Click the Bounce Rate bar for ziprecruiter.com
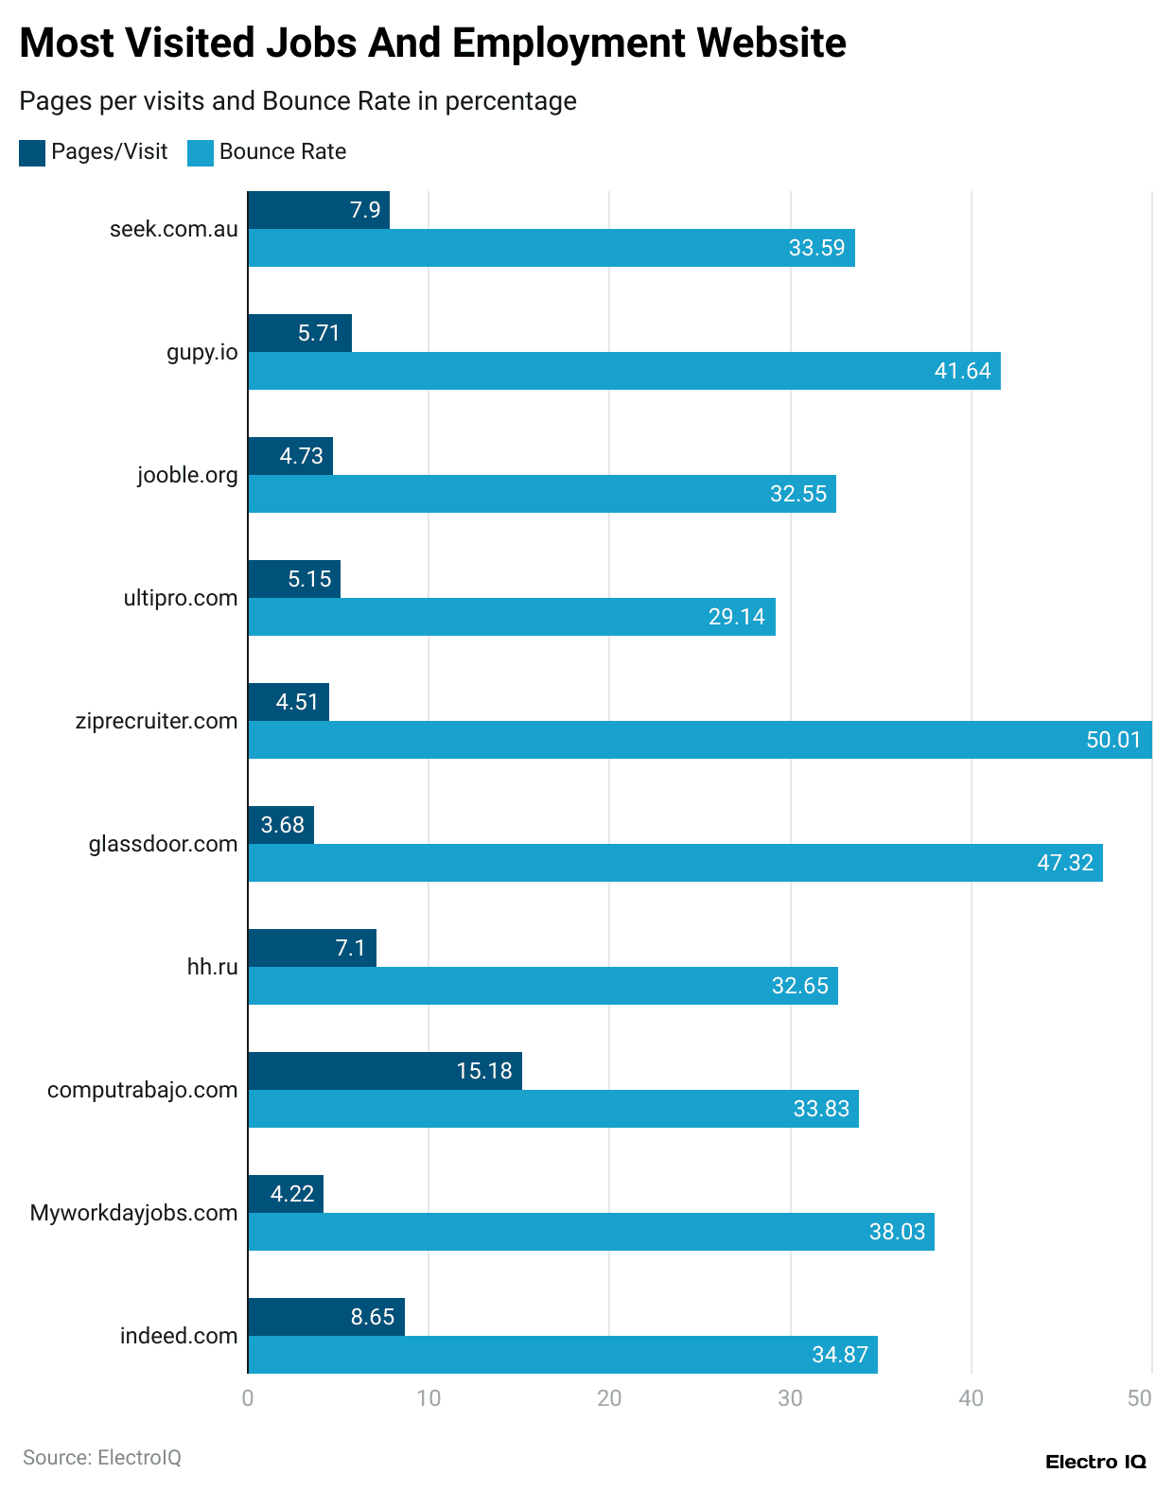(700, 740)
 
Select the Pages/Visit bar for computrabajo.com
(384, 1071)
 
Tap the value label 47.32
(1064, 863)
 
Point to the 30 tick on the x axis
(790, 1398)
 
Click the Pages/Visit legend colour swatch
(32, 152)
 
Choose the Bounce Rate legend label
(282, 152)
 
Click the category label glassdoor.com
(163, 844)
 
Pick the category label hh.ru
(212, 967)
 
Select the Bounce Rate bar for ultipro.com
(511, 617)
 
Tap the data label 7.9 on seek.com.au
(365, 210)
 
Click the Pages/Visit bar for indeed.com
(325, 1317)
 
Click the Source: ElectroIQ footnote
(101, 1458)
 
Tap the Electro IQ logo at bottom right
(1094, 1462)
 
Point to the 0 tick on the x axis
(248, 1398)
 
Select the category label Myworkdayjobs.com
(133, 1213)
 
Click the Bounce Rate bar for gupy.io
(624, 371)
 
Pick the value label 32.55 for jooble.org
(797, 494)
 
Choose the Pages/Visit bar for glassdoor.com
(280, 825)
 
